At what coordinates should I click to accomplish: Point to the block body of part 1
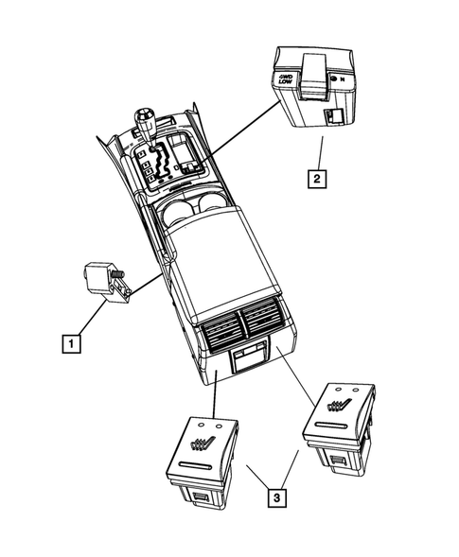tap(99, 278)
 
